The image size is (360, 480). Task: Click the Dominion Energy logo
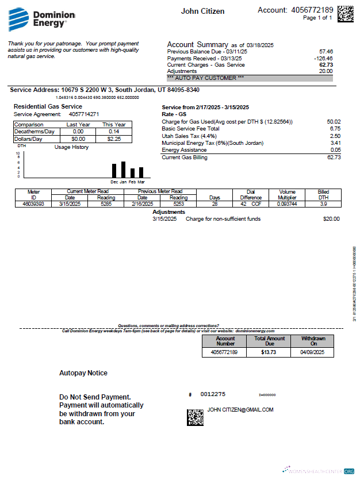[x=38, y=19]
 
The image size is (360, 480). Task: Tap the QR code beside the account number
[x=345, y=13]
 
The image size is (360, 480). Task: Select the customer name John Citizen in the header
[x=202, y=11]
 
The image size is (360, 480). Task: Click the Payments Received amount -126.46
[x=323, y=58]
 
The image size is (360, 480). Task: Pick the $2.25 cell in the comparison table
[x=113, y=139]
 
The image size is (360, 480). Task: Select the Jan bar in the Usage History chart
[x=123, y=170]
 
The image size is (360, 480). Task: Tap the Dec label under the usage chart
[x=114, y=182]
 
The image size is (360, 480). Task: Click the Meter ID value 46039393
[x=33, y=203]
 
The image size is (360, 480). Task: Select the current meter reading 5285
[x=105, y=203]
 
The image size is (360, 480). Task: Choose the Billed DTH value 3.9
[x=323, y=203]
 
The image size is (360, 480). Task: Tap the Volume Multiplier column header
[x=287, y=194]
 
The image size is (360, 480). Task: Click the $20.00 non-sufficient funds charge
[x=331, y=219]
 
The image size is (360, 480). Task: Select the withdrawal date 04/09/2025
[x=313, y=352]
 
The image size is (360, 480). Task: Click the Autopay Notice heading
[x=83, y=373]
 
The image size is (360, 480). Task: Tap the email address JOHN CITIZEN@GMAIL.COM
[x=240, y=410]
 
